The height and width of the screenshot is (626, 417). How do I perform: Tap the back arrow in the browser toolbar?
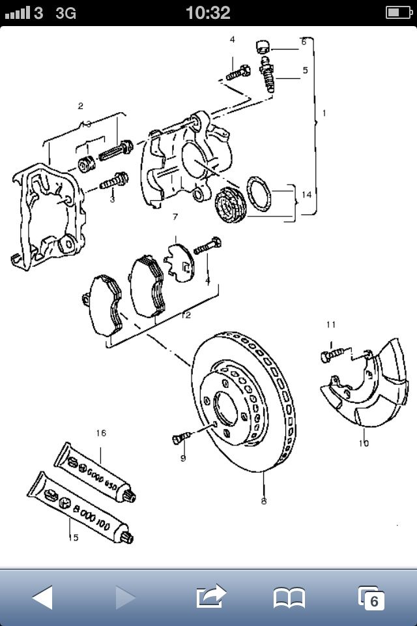(x=42, y=596)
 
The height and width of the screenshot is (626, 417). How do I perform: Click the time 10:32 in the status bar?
(x=208, y=12)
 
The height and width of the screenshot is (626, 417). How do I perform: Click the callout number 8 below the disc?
(x=263, y=501)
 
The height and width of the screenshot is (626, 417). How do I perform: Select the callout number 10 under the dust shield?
(x=363, y=443)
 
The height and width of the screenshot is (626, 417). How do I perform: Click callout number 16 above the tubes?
(x=101, y=433)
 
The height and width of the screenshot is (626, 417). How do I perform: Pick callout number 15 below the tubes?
(x=74, y=537)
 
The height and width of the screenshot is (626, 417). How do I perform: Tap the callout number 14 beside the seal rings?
(x=307, y=194)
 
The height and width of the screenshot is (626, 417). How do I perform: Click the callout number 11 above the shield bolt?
(x=331, y=324)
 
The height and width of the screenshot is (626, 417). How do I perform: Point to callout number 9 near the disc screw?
(x=183, y=458)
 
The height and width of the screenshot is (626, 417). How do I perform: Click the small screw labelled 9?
(x=180, y=439)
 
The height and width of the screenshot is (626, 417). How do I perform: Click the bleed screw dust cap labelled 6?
(x=263, y=47)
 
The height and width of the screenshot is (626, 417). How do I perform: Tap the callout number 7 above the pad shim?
(x=175, y=216)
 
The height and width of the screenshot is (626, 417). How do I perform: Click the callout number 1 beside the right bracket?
(x=324, y=113)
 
